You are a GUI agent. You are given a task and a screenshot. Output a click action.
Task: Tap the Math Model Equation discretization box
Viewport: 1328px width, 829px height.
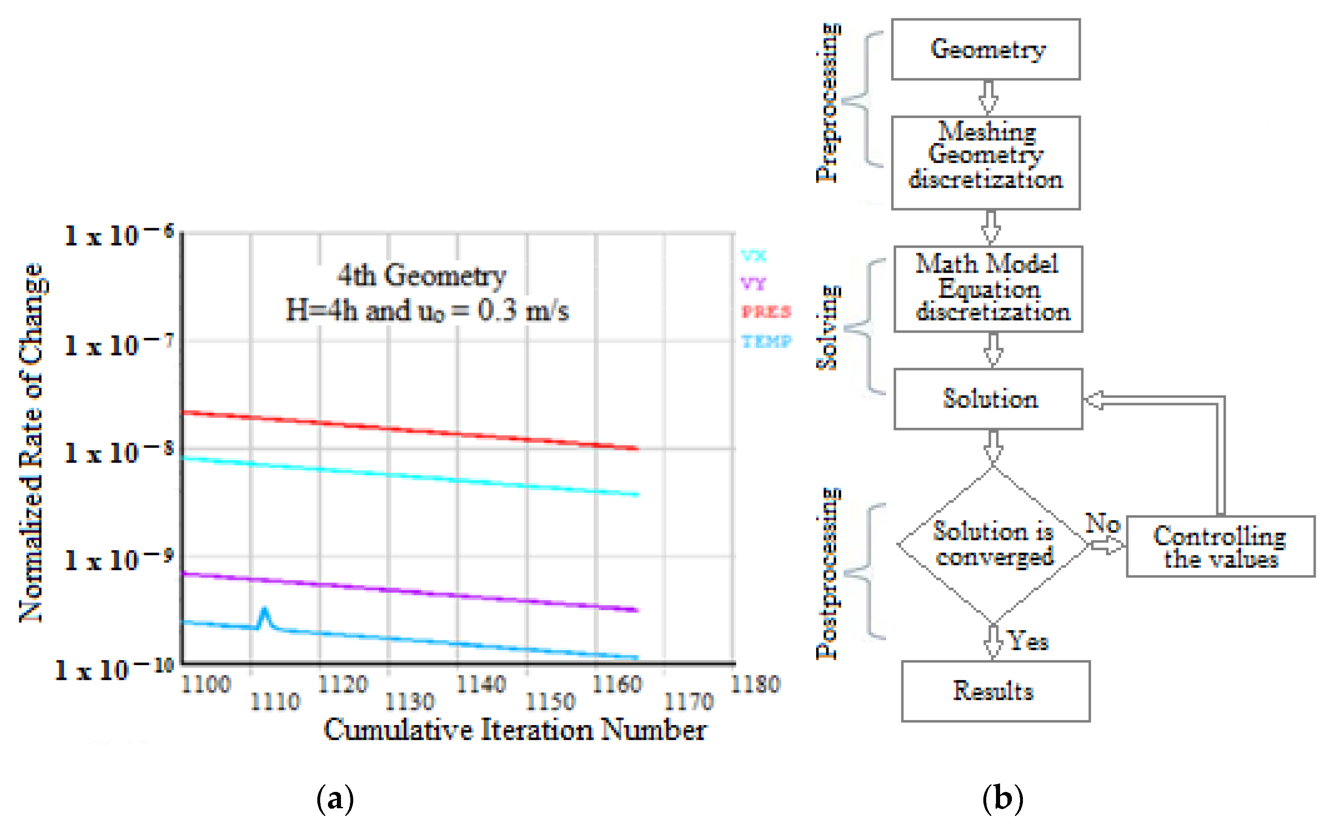pos(988,289)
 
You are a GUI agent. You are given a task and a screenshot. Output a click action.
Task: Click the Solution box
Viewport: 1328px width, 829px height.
pos(988,399)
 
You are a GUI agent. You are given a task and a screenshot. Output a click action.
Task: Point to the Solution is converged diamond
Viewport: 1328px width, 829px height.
pos(992,545)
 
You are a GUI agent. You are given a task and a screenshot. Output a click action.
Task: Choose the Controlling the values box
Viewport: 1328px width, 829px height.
pos(1220,547)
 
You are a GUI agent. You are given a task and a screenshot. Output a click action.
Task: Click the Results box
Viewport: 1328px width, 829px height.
pos(995,691)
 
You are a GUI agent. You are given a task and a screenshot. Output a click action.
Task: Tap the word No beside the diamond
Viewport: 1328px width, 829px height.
pos(1102,524)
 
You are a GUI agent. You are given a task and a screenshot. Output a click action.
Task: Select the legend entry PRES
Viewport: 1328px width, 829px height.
pos(766,312)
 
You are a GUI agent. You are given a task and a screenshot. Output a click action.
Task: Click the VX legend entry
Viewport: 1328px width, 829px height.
pos(753,256)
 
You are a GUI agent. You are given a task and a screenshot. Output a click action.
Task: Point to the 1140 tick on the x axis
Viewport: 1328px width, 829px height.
pos(480,684)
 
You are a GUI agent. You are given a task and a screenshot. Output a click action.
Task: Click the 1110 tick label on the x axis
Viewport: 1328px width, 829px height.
pos(275,702)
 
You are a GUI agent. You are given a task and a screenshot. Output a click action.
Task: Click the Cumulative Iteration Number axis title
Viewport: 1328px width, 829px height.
pos(515,730)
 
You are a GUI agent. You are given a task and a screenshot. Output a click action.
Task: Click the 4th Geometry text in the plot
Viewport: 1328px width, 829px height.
pos(421,275)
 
